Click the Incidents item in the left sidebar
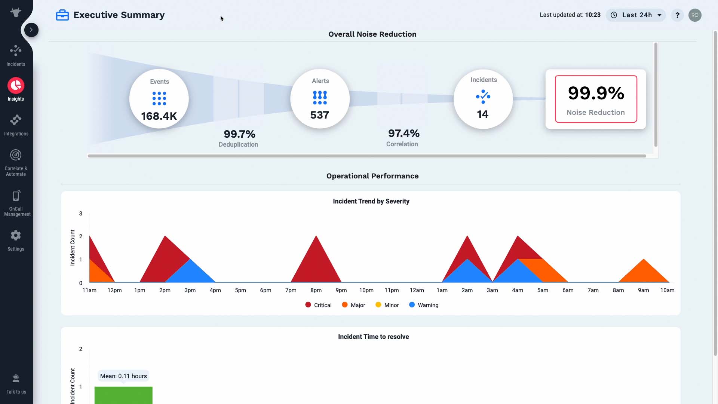click(16, 55)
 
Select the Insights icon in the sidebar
click(16, 85)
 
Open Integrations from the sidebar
click(16, 125)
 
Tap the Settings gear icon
click(16, 235)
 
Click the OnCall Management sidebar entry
click(16, 203)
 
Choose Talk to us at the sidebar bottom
click(16, 384)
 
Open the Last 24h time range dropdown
click(636, 15)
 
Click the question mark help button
click(677, 15)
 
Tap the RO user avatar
click(695, 15)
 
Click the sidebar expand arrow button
click(31, 30)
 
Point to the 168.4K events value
click(159, 116)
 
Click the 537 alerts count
click(320, 115)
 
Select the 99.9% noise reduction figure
click(596, 93)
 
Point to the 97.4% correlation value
click(404, 133)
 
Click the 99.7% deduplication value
click(239, 134)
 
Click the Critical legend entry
click(318, 305)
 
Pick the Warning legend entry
click(424, 305)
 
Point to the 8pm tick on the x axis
click(316, 290)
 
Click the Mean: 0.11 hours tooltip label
click(123, 376)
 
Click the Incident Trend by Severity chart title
click(371, 201)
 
